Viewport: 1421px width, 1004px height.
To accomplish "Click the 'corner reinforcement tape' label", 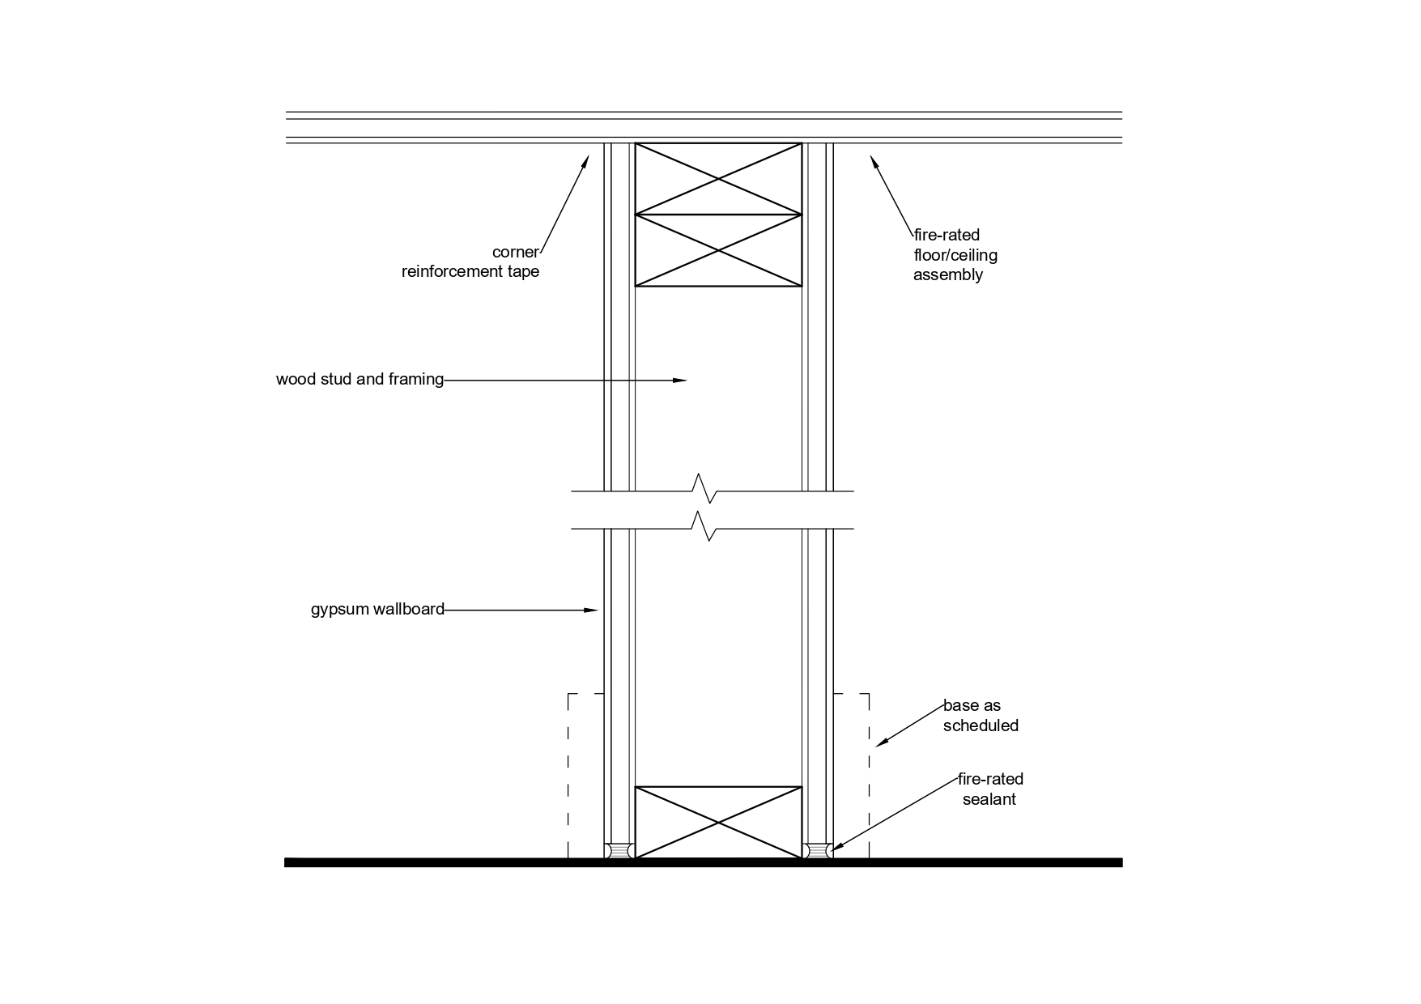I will [470, 262].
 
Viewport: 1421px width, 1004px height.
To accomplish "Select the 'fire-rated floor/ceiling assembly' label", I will [955, 254].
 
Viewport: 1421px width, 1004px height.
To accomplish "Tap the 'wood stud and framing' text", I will [360, 379].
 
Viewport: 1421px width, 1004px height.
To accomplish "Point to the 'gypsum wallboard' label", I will [377, 609].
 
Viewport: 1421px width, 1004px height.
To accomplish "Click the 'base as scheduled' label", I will [980, 715].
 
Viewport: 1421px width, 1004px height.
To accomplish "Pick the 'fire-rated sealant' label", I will [989, 789].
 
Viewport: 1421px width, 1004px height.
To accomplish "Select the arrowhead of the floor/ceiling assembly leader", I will [874, 160].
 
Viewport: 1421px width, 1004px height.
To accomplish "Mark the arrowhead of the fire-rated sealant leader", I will [836, 848].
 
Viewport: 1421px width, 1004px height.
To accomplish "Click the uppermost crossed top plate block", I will [718, 179].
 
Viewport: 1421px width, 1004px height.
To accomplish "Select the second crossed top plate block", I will [718, 250].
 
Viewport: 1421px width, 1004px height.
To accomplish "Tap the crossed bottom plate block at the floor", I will [718, 823].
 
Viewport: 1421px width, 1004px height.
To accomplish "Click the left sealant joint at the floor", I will [619, 851].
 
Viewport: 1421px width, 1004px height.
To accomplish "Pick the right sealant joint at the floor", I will [818, 851].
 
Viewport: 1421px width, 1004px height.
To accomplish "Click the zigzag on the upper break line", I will [704, 489].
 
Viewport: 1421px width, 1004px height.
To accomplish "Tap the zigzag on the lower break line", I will [704, 527].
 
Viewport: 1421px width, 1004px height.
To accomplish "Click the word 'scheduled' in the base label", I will [981, 725].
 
